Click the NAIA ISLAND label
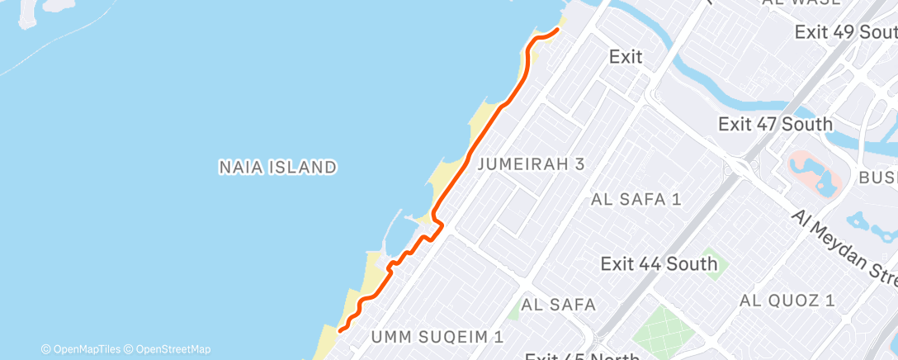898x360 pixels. click(277, 167)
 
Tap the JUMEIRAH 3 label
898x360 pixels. click(531, 163)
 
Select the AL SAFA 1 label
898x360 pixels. click(636, 199)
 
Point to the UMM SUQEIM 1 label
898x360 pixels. click(437, 336)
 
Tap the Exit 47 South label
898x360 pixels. click(775, 125)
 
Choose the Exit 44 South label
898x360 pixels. click(659, 264)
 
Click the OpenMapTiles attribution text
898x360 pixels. click(86, 349)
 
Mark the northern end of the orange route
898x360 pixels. click(557, 31)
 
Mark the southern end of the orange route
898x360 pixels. click(340, 331)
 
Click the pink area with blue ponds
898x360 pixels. click(813, 169)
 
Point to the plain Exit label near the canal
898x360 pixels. click(626, 57)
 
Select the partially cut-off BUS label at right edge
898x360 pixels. click(877, 178)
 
